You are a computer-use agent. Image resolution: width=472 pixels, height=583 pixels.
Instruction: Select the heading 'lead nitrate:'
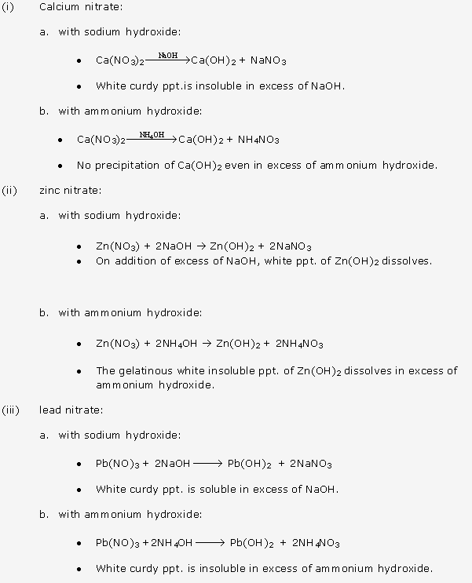(x=71, y=410)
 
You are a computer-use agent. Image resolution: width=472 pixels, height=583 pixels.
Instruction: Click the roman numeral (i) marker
(x=9, y=7)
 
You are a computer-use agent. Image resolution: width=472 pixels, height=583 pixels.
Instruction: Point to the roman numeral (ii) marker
(x=9, y=190)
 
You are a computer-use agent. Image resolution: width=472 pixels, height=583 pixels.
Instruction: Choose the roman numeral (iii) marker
(x=11, y=410)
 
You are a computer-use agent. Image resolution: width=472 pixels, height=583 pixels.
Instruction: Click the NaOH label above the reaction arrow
(x=167, y=56)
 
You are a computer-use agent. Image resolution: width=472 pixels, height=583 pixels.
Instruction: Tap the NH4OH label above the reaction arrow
(x=152, y=135)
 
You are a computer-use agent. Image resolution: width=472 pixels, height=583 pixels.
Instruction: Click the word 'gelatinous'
(x=145, y=371)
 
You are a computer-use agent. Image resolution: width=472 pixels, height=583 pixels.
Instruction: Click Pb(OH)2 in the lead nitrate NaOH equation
(x=250, y=464)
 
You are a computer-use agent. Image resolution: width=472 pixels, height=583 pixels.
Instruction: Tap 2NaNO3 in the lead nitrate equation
(x=311, y=464)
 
